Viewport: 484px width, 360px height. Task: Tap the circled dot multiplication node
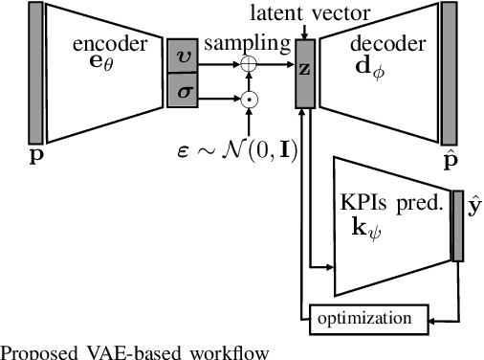point(248,98)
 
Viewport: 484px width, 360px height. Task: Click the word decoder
point(381,44)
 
